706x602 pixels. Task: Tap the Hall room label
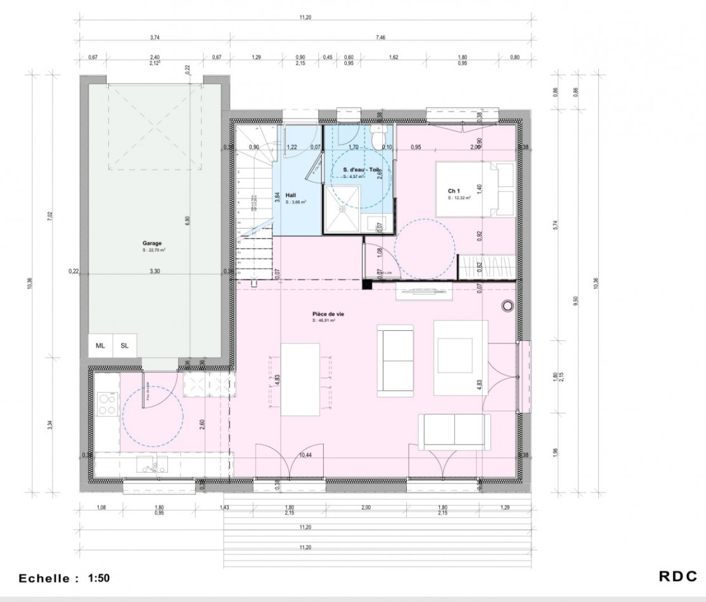(291, 195)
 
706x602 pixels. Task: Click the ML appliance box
(100, 345)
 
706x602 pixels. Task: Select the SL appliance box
(124, 345)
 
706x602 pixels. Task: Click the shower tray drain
(343, 206)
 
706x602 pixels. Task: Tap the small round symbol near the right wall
(507, 306)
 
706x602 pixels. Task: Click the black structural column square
(367, 285)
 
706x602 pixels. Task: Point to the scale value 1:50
(99, 578)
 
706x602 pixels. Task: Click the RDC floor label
(677, 577)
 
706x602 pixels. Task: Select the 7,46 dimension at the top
(380, 38)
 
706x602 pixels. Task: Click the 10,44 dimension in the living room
(305, 455)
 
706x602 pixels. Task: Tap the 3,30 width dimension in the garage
(154, 271)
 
